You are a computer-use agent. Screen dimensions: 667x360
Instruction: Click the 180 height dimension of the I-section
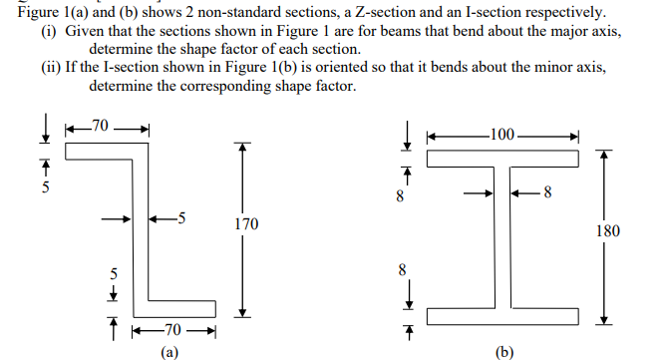607,231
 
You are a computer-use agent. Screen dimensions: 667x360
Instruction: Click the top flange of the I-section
503,159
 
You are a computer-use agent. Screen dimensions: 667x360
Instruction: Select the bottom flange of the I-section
503,315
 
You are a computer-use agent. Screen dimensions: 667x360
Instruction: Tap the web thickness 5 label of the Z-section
179,217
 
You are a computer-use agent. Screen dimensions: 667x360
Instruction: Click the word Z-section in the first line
359,12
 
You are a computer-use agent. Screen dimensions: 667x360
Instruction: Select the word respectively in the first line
555,12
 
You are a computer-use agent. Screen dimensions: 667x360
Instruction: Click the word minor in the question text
547,66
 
